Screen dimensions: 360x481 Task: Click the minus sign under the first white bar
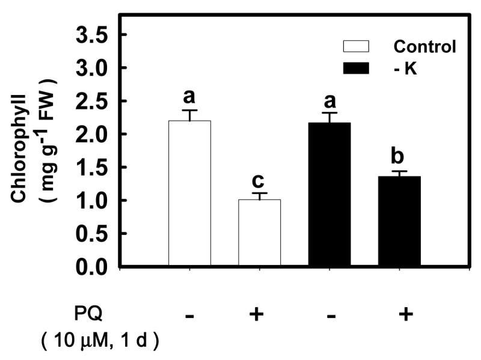pos(189,315)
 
